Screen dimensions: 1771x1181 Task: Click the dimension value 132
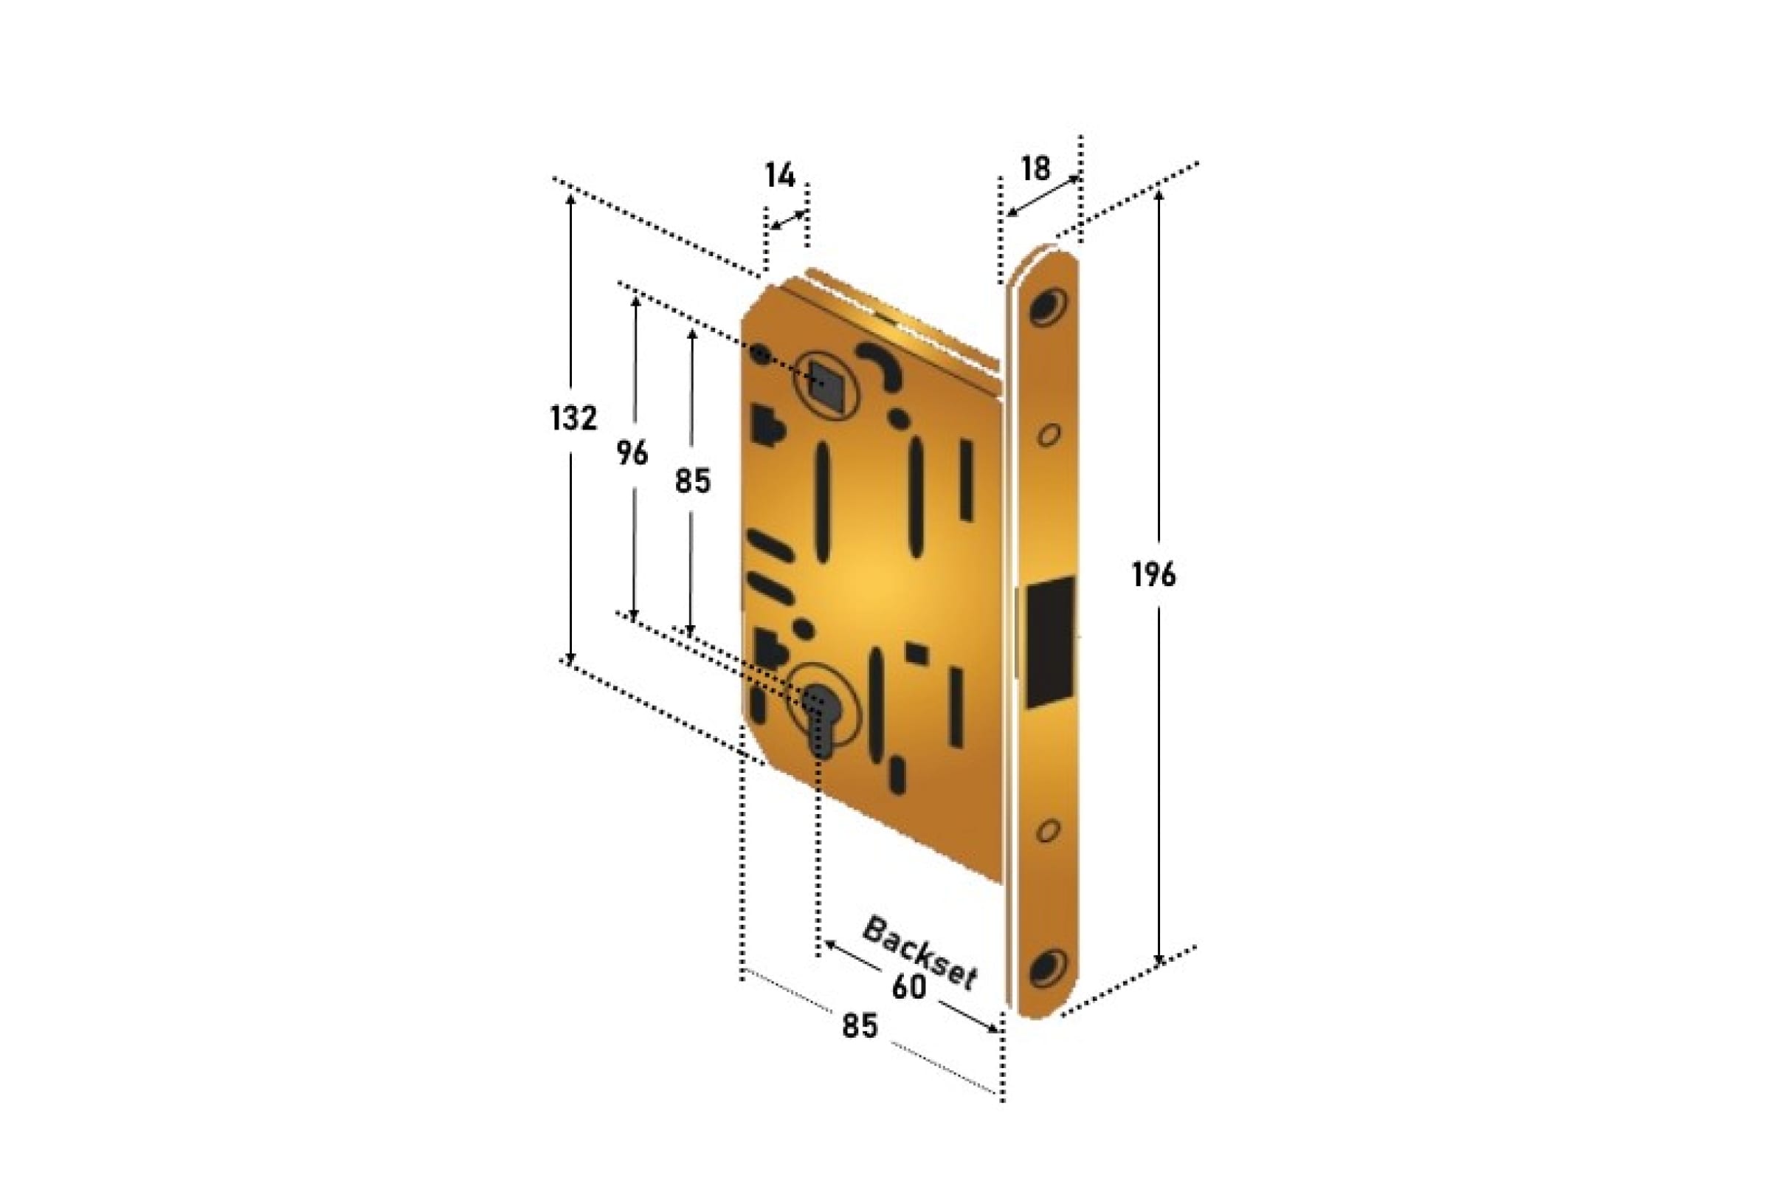click(x=574, y=418)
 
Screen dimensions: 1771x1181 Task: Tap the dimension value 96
click(x=632, y=453)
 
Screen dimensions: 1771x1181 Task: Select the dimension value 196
click(x=1153, y=576)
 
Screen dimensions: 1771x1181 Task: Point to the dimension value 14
click(x=780, y=176)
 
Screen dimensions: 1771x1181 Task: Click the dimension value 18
click(x=1035, y=169)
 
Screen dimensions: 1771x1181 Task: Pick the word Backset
click(x=919, y=954)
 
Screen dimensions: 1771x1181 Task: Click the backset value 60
click(x=908, y=988)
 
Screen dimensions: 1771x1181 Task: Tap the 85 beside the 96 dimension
click(x=692, y=481)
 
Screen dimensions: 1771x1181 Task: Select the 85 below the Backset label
click(x=860, y=1026)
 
